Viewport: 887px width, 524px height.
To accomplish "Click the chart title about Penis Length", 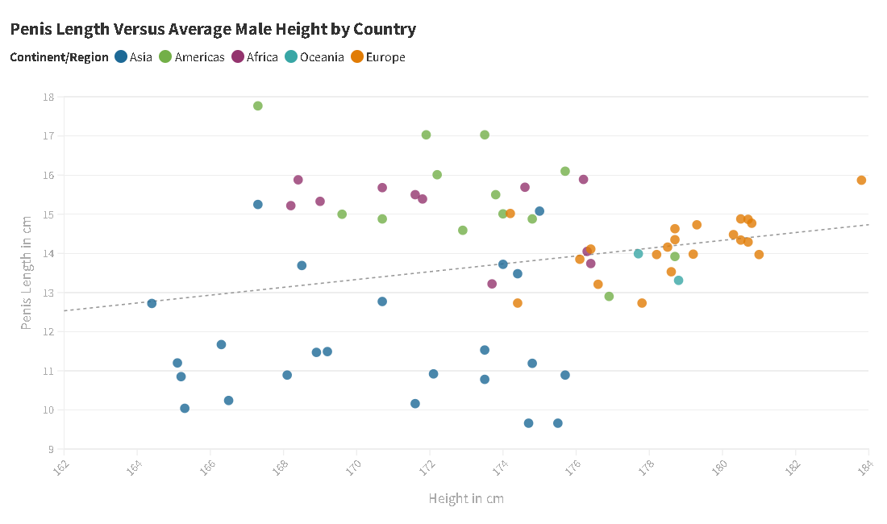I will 213,30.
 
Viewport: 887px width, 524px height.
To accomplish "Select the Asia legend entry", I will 134,57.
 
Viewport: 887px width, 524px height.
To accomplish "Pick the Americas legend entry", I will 192,57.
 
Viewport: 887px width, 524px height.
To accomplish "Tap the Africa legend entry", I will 255,57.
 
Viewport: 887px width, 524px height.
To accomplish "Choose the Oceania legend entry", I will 314,57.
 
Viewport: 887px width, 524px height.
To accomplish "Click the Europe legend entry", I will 378,57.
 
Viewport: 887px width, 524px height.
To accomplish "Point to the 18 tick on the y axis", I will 49,97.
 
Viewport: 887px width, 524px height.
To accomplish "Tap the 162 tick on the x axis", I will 62,467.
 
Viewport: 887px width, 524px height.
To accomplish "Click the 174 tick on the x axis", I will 501,467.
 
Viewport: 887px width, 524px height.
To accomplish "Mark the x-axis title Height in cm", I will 466,499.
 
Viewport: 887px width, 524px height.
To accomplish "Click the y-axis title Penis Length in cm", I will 27,273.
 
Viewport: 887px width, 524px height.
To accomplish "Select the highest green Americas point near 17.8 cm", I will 258,106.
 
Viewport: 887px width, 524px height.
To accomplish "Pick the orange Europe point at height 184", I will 861,180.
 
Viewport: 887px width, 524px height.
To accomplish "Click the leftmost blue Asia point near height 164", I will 152,303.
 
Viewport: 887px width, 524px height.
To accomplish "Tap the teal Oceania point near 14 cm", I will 638,254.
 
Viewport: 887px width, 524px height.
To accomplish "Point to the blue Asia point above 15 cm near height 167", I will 258,205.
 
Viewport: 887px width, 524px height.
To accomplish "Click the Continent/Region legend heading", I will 59,57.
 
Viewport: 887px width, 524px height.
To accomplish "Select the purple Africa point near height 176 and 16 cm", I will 583,180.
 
